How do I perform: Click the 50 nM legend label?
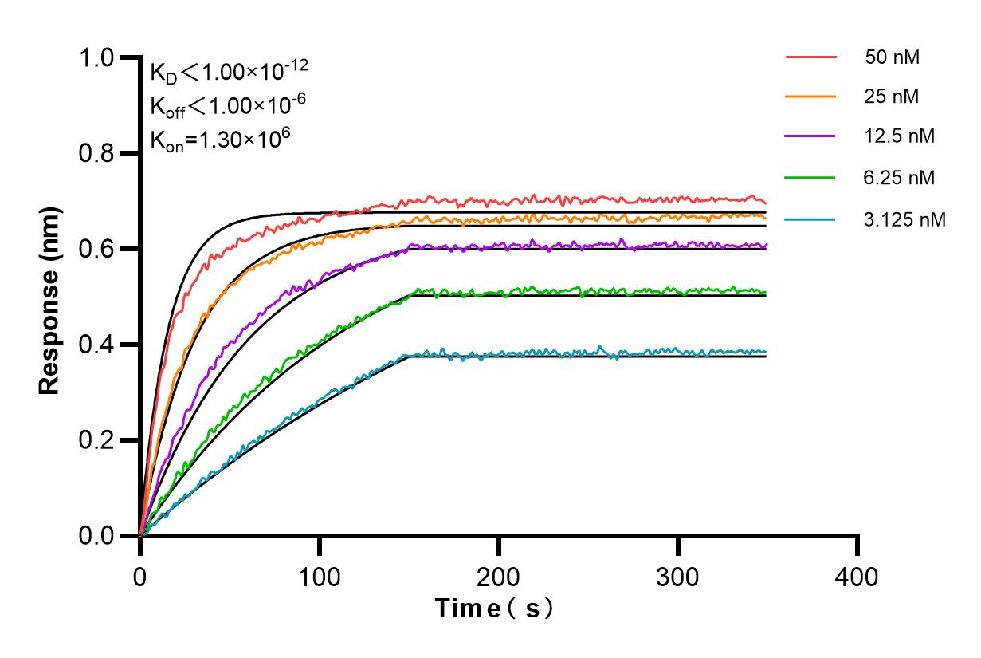(892, 57)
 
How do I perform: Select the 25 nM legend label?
(892, 97)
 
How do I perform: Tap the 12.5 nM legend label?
(899, 136)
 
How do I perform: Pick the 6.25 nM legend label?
(899, 176)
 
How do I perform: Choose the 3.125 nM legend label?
(904, 219)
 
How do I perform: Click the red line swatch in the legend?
(810, 57)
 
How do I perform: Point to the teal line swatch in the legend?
(810, 219)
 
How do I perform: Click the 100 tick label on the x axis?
(320, 575)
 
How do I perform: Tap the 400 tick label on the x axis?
(857, 575)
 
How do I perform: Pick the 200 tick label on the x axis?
(499, 575)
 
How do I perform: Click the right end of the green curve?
(766, 292)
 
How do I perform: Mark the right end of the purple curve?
(766, 245)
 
